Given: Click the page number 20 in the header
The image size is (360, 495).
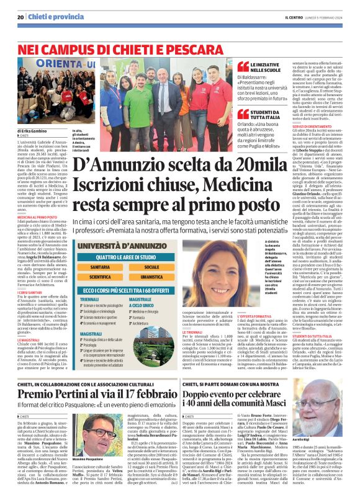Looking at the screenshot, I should click(20, 17).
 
